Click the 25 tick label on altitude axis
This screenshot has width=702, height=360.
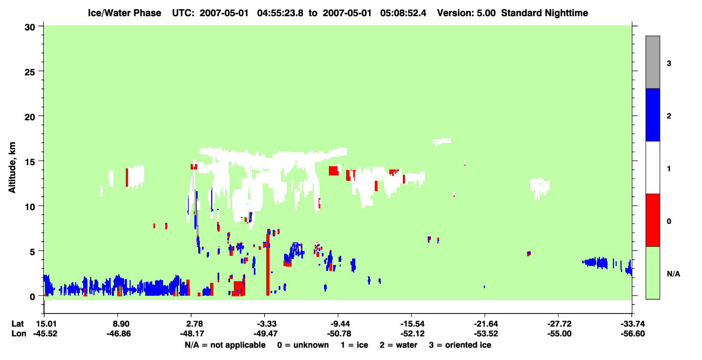pyautogui.click(x=30, y=72)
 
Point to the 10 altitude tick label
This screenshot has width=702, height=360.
pyautogui.click(x=30, y=207)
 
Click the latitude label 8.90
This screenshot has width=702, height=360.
pyautogui.click(x=118, y=324)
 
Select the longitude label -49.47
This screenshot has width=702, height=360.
pyautogui.click(x=265, y=334)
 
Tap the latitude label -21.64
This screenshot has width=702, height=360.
pyautogui.click(x=486, y=324)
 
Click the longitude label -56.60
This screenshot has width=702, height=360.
pyautogui.click(x=633, y=334)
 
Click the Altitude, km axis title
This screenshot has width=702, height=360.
pyautogui.click(x=12, y=167)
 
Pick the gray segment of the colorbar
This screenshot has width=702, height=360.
pyautogui.click(x=652, y=62)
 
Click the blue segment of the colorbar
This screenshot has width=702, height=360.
pyautogui.click(x=652, y=114)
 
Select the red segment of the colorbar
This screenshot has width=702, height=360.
pyautogui.click(x=652, y=220)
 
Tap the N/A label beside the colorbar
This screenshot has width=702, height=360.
pyautogui.click(x=673, y=274)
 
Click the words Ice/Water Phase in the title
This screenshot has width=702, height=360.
pyautogui.click(x=124, y=13)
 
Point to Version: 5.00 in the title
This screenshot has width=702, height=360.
pyautogui.click(x=467, y=13)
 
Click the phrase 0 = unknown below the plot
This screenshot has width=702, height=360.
pyautogui.click(x=303, y=345)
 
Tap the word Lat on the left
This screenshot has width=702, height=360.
pyautogui.click(x=17, y=324)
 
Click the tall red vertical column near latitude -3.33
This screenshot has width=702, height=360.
pyautogui.click(x=268, y=264)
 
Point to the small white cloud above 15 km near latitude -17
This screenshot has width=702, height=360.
pyautogui.click(x=442, y=141)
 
